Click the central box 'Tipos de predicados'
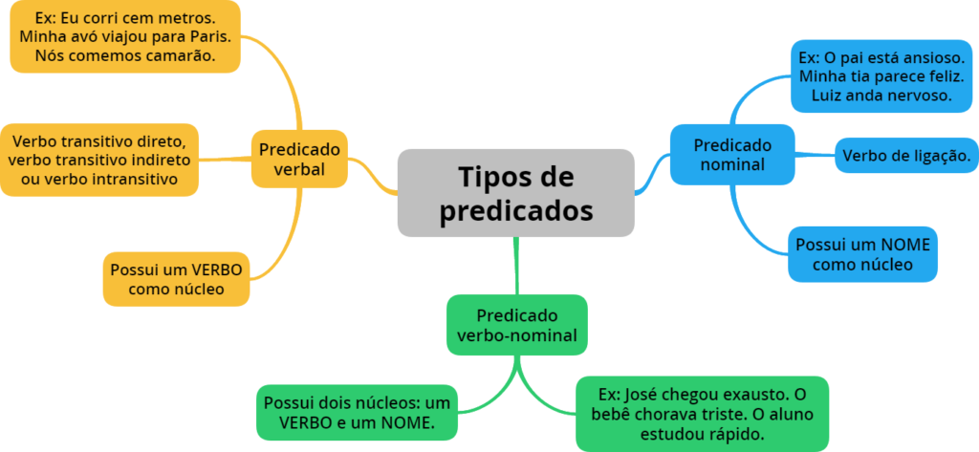pyautogui.click(x=515, y=192)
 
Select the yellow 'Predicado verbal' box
pyautogui.click(x=298, y=159)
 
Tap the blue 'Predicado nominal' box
pyautogui.click(x=731, y=154)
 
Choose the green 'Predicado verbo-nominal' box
pyautogui.click(x=516, y=325)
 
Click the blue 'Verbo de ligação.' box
pyautogui.click(x=906, y=155)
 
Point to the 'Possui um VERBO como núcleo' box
pyautogui.click(x=176, y=278)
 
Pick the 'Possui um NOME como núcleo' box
pyautogui.click(x=862, y=253)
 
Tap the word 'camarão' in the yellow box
pyautogui.click(x=180, y=56)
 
